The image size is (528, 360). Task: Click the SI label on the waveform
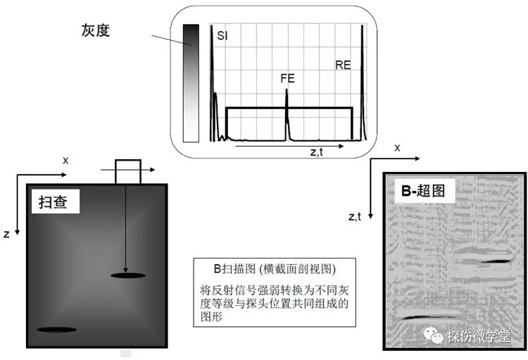click(222, 35)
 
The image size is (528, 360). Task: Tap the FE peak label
click(287, 78)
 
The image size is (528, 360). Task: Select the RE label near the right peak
click(343, 65)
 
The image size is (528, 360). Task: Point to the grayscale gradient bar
click(191, 83)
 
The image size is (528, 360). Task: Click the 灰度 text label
click(96, 30)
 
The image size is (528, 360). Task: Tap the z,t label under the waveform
click(317, 152)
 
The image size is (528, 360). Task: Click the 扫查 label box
click(56, 201)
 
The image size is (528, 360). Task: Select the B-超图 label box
click(424, 191)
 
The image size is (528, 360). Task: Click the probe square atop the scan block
click(128, 172)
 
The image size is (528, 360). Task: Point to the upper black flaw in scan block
click(128, 275)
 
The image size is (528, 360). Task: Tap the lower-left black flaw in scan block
click(56, 330)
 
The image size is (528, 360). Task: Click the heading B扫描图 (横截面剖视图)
click(275, 268)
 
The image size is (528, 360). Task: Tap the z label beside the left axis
click(6, 234)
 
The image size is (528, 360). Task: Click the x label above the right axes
click(397, 148)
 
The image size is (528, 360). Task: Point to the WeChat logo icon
click(434, 336)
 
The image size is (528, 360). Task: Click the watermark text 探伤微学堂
click(479, 336)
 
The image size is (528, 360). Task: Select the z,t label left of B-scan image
click(355, 217)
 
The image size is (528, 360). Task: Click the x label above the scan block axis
click(65, 161)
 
